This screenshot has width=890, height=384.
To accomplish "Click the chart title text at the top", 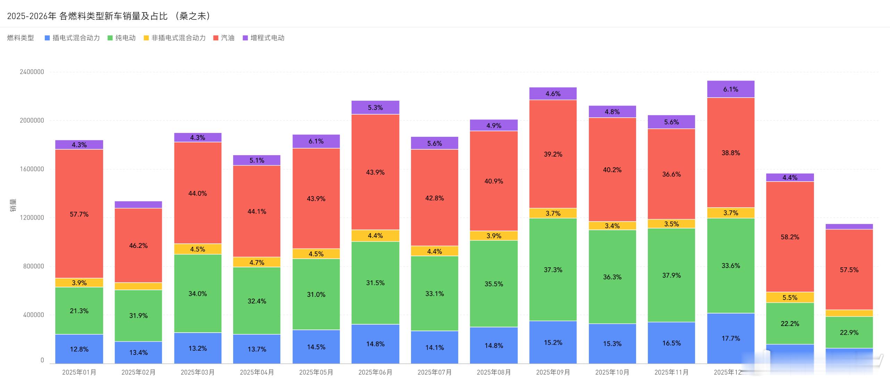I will pos(108,16).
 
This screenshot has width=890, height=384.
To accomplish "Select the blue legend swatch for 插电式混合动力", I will pos(47,38).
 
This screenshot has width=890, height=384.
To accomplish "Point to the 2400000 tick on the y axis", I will pos(32,72).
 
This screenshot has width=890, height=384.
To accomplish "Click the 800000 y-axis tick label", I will pos(33,266).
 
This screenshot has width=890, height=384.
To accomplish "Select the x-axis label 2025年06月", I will pos(375,373).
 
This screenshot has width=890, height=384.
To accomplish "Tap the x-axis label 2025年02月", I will pos(138,373).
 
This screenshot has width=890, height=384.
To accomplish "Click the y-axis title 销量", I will pos(13,205).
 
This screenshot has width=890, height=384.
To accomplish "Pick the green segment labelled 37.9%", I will pos(671,275).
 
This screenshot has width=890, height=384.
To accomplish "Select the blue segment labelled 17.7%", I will pos(731,338).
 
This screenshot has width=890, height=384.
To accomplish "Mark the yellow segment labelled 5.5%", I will pos(790,298).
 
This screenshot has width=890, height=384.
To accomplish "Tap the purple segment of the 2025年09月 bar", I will pos(553,94).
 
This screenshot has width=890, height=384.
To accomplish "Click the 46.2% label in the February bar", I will pos(138,246).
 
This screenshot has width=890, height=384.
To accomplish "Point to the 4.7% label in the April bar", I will pos(257,262).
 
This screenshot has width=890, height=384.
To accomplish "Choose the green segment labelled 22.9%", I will pos(849,332).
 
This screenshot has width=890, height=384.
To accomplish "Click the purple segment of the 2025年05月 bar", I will pos(316,141).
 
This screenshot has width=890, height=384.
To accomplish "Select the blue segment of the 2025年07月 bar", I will pos(434,347).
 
